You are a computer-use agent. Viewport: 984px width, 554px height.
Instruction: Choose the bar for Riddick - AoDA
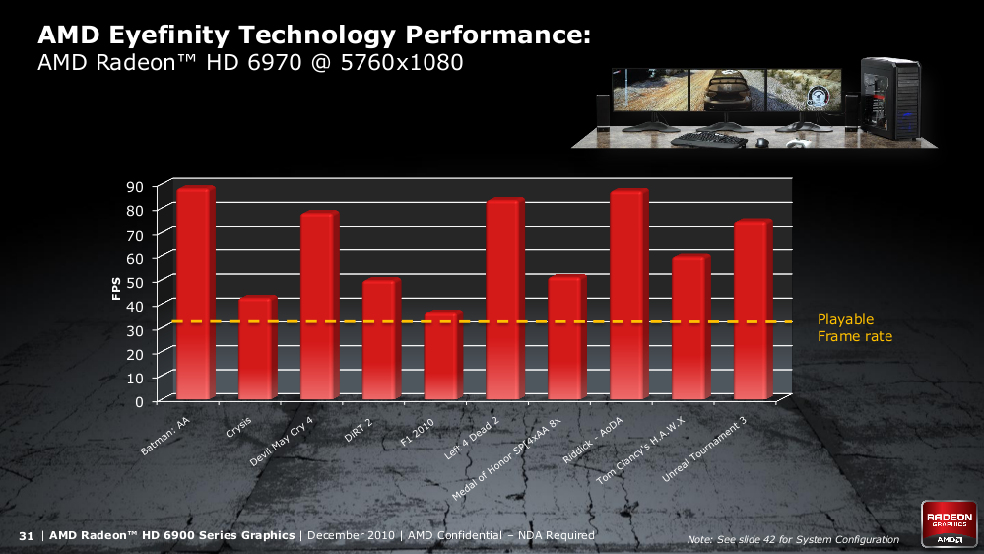pos(627,295)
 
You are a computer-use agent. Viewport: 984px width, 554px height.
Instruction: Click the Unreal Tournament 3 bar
pos(751,310)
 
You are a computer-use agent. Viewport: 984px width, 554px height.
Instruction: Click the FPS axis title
pos(116,287)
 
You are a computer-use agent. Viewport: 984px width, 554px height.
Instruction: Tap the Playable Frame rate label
pos(854,328)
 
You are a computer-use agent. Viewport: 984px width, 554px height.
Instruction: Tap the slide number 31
pos(27,535)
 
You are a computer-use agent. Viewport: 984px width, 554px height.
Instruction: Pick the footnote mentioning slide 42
pos(793,539)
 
